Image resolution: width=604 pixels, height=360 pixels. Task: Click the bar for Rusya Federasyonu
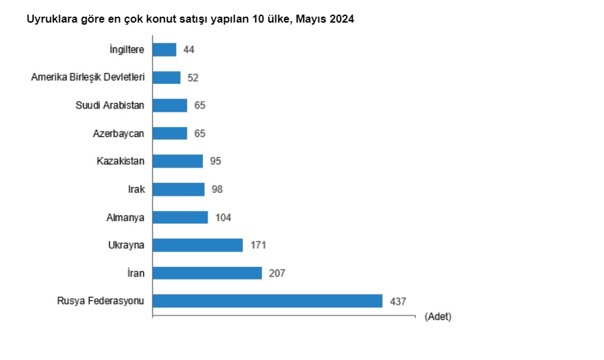pos(267,301)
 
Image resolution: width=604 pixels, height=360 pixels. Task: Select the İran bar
pos(208,273)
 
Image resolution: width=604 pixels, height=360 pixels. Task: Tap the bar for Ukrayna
pos(198,245)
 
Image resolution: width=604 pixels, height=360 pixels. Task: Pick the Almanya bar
pos(180,217)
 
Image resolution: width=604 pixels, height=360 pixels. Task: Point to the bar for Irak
pos(178,189)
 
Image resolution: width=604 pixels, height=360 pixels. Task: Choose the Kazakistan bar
pos(178,161)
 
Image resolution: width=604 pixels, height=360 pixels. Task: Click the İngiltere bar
pos(164,49)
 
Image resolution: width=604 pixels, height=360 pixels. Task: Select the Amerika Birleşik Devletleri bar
pos(166,77)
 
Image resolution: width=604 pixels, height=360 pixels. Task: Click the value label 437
pos(398,301)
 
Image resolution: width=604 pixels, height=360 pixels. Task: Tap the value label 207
pos(277,273)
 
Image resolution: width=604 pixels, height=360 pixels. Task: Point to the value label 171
pos(258,245)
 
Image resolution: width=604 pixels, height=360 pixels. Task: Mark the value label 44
pos(189,49)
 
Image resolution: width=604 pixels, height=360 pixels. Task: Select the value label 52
pos(193,77)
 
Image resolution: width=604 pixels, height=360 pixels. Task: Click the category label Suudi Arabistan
pos(110,105)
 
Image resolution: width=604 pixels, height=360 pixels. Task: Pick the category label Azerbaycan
pos(118,133)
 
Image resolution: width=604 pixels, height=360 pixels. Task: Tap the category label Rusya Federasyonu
pos(100,301)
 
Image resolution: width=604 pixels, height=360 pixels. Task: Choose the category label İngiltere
pos(126,49)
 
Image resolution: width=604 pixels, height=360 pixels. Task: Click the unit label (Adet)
pos(438,317)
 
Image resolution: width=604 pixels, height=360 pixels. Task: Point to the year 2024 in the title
pos(341,19)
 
